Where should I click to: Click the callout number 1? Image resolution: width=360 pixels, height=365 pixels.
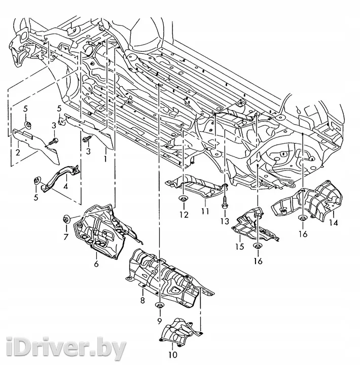click(x=105, y=159)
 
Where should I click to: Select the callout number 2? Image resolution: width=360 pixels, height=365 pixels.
click(x=18, y=153)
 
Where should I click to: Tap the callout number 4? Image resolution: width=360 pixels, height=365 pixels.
click(x=66, y=186)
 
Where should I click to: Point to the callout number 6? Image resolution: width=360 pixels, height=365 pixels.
click(x=96, y=264)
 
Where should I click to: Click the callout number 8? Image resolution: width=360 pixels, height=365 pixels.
click(x=142, y=300)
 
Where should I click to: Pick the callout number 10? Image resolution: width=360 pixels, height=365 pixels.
click(x=173, y=355)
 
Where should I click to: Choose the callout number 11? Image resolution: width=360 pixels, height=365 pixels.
click(x=205, y=211)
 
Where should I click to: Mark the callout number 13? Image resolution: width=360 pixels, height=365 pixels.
click(x=225, y=221)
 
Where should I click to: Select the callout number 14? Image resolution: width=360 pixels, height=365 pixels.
click(x=334, y=223)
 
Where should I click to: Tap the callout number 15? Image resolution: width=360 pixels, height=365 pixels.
click(x=239, y=246)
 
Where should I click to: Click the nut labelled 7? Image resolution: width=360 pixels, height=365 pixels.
click(x=66, y=220)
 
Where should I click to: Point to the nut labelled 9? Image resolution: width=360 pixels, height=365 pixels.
click(x=159, y=305)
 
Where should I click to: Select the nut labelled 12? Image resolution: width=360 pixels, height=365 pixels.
click(x=184, y=199)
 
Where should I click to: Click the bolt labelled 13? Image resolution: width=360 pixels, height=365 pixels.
click(x=225, y=202)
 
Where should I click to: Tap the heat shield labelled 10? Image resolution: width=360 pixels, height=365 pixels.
click(x=181, y=330)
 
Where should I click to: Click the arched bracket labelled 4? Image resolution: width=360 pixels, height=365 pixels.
click(x=61, y=176)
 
